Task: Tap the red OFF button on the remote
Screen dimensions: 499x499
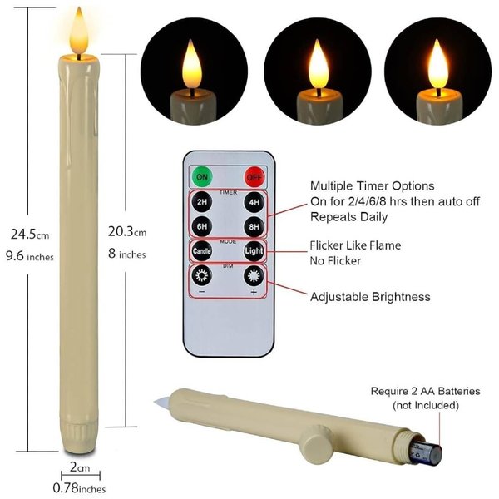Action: point(254,177)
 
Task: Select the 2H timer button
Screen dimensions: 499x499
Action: point(202,202)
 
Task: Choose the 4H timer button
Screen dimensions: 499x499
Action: point(254,202)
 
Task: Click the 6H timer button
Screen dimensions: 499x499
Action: point(202,226)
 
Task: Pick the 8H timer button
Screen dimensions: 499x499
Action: point(254,226)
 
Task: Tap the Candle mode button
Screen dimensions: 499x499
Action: point(202,251)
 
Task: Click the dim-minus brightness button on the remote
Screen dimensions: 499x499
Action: point(202,275)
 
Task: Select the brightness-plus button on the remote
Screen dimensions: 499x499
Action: point(254,276)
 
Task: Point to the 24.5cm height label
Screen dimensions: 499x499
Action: point(30,235)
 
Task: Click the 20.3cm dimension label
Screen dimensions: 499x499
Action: point(127,232)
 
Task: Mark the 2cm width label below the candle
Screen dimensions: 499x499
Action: point(80,467)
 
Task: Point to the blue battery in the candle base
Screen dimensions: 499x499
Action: point(424,453)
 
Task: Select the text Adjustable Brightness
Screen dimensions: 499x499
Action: point(370,297)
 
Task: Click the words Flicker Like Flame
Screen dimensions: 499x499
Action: point(355,245)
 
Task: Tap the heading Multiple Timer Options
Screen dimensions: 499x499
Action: point(372,185)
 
